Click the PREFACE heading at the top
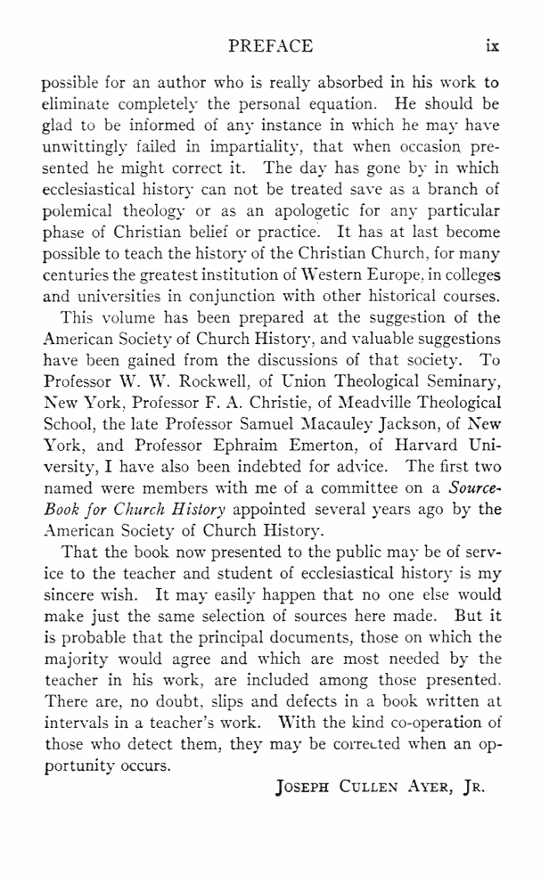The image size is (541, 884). [271, 45]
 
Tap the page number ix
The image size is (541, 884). [491, 45]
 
